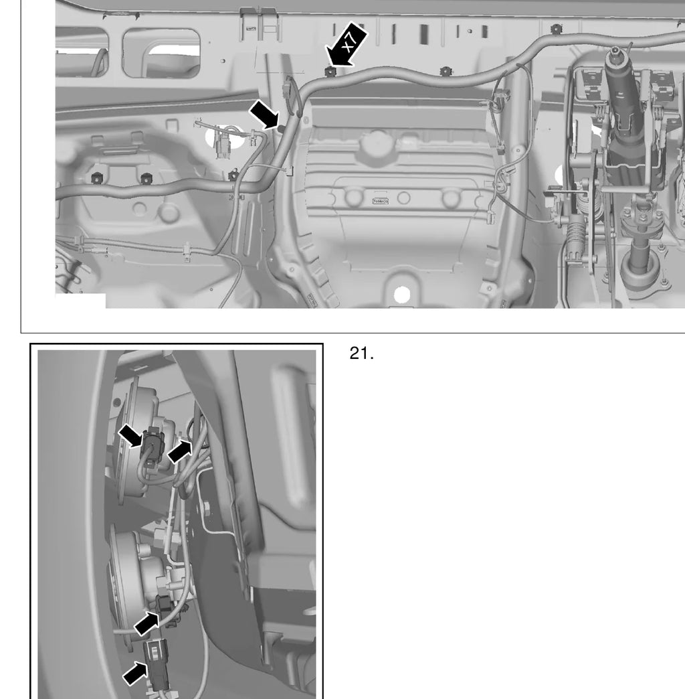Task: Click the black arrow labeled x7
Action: [x=346, y=44]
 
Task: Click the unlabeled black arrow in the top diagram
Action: [x=264, y=114]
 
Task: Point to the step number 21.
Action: [x=361, y=354]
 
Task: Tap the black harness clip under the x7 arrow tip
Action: [x=330, y=72]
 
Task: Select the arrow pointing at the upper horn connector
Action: [x=130, y=435]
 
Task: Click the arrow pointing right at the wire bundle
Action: [x=179, y=451]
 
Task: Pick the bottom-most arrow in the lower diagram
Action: [x=135, y=674]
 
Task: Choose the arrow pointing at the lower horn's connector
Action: [x=146, y=623]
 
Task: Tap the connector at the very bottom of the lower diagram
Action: [x=156, y=662]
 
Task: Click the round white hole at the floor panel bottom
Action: [x=402, y=295]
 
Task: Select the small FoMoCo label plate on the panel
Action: [x=380, y=202]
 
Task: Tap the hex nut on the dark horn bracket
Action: [x=207, y=508]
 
